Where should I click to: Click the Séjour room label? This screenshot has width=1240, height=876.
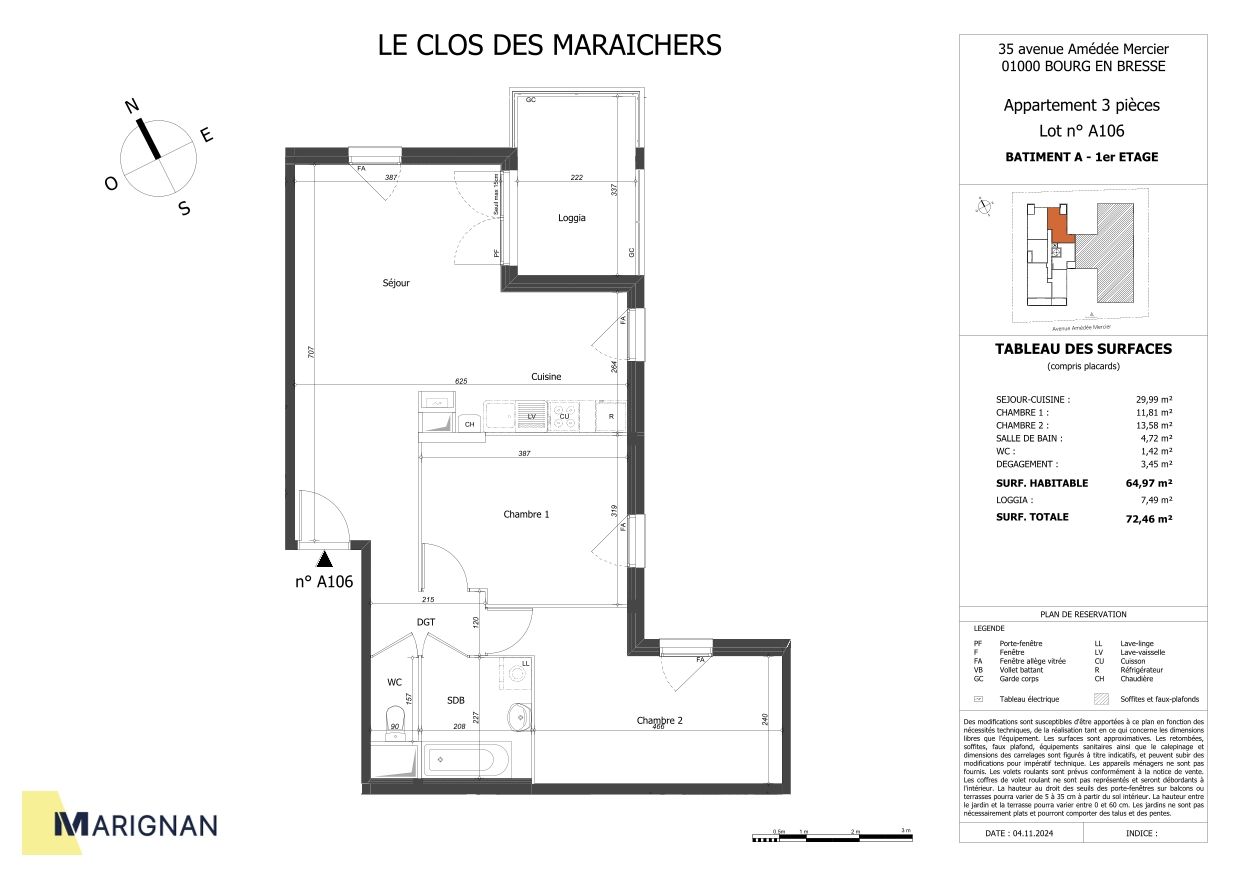(396, 283)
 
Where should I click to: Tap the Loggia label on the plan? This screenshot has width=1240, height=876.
(572, 218)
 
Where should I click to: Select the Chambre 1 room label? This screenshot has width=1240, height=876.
(526, 514)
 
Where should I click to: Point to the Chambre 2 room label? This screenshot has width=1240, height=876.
(660, 720)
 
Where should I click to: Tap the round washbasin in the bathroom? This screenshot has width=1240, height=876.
(519, 716)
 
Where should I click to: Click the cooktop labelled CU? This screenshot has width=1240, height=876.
(565, 416)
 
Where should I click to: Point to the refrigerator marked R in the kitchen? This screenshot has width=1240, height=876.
(610, 416)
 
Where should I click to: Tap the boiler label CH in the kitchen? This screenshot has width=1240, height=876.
(469, 425)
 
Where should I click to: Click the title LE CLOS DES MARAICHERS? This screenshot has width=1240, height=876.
(549, 45)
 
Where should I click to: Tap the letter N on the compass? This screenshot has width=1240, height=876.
(131, 106)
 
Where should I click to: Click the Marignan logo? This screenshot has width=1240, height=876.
(134, 824)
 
